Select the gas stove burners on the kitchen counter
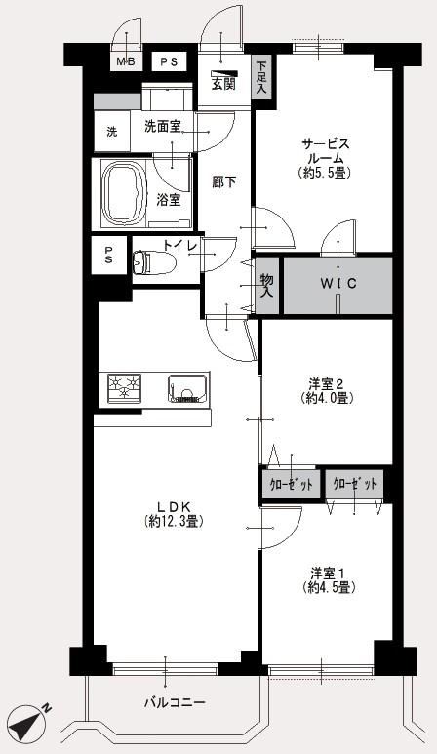pyautogui.click(x=124, y=387)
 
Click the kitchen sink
pyautogui.click(x=188, y=388)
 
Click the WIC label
pyautogui.click(x=338, y=284)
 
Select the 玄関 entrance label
pyautogui.click(x=223, y=84)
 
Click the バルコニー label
pyautogui.click(x=175, y=702)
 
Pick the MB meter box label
pyautogui.click(x=127, y=61)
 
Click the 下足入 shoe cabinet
pyautogui.click(x=262, y=77)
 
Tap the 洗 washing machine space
pyautogui.click(x=112, y=132)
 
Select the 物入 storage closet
pyautogui.click(x=266, y=286)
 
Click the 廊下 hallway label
pyautogui.click(x=224, y=181)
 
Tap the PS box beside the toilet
pyautogui.click(x=109, y=256)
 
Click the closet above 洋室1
pyautogui.click(x=355, y=484)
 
